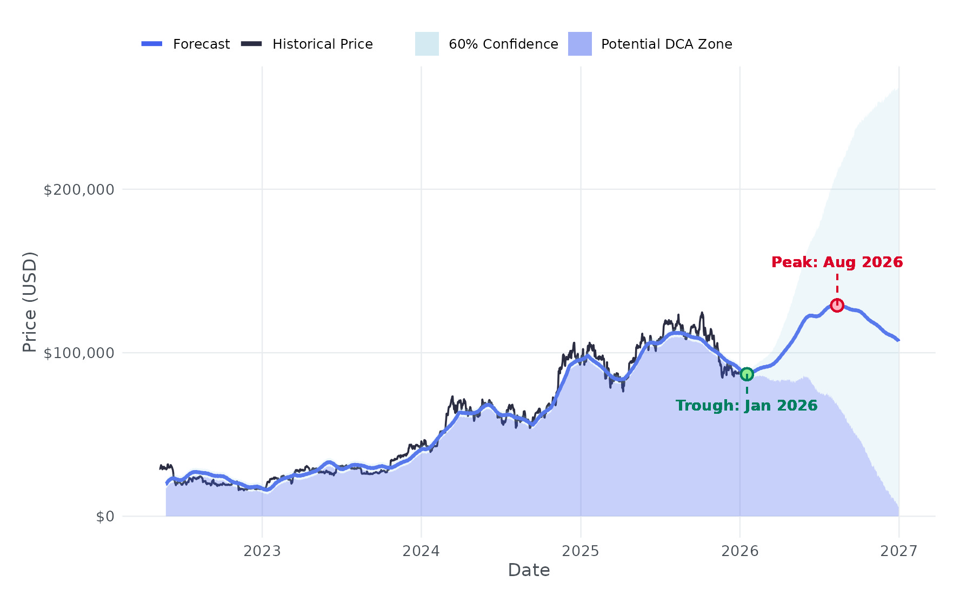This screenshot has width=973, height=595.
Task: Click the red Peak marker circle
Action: coord(837,305)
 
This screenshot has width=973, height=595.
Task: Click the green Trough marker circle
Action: coord(747,374)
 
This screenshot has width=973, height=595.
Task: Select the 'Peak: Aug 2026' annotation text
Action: coord(837,262)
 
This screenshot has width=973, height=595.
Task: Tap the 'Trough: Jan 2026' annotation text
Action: coord(747,406)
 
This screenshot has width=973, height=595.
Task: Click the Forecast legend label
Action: coord(201,44)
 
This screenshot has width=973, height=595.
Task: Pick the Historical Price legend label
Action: coord(322,44)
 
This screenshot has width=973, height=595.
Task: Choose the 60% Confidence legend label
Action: coord(503,44)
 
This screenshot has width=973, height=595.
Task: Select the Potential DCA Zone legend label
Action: coord(666,44)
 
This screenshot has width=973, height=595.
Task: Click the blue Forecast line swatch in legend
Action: coord(152,44)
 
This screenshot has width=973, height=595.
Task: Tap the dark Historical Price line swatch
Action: coord(251,44)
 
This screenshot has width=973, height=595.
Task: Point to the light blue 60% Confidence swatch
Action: coord(426,44)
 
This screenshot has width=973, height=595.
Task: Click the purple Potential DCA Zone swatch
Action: coord(579,44)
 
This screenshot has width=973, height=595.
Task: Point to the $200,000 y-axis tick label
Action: coord(79,190)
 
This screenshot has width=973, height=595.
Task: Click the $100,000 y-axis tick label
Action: coord(79,353)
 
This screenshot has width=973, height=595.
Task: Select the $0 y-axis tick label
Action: coord(105,517)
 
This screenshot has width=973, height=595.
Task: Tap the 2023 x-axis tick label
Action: coord(262,551)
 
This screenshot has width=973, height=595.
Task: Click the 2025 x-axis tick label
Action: coord(581,551)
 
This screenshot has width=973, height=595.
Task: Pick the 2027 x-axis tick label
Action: coord(898,551)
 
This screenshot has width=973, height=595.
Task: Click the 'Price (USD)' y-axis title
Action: coord(30,302)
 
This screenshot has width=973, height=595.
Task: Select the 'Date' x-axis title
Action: coord(529,570)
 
